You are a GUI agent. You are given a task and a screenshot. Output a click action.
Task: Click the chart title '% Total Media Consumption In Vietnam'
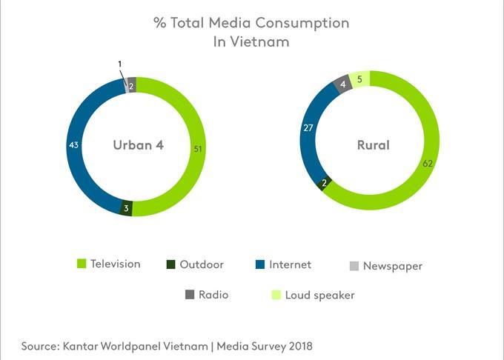coord(251,32)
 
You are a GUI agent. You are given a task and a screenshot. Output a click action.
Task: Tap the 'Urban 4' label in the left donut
coord(138,144)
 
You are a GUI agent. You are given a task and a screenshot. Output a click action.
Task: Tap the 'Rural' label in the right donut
coord(373,144)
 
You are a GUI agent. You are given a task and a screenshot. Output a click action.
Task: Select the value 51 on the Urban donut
coord(198,149)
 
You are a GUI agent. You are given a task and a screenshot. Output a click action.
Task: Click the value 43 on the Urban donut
coord(74,145)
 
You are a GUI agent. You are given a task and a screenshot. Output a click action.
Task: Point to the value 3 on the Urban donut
coord(127,208)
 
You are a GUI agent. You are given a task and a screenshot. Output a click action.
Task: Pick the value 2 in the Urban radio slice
coord(131,86)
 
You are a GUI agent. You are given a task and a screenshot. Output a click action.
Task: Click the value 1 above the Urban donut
coord(120,64)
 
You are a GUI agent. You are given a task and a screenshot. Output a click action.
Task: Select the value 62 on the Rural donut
coord(428,163)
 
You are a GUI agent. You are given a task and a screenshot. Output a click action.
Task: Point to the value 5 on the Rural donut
coord(359,79)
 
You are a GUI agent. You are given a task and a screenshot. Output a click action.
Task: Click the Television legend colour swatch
coord(82,264)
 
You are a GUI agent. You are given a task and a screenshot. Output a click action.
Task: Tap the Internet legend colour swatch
coord(259,264)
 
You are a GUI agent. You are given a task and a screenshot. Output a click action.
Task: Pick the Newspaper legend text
coord(393,266)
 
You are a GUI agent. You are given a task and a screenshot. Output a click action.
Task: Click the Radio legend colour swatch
coord(190,295)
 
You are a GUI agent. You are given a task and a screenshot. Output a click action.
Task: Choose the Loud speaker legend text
coord(319,295)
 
